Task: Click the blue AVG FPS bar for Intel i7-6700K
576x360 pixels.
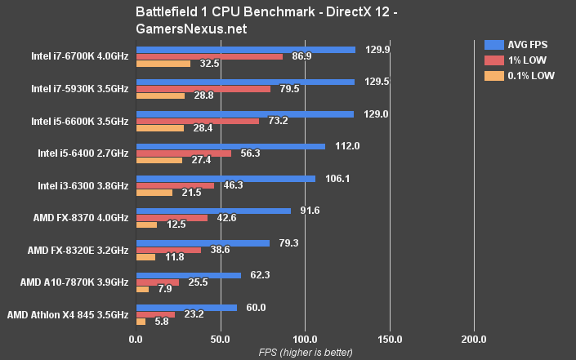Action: [x=245, y=49]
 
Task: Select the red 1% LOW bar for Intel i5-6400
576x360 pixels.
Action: [x=183, y=153]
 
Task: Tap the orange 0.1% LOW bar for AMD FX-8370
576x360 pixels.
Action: [x=146, y=224]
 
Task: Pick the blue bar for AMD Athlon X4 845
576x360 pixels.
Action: [x=186, y=307]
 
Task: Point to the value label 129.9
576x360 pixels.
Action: [x=372, y=49]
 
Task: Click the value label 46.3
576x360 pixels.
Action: [x=230, y=185]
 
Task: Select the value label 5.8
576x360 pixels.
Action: [x=162, y=321]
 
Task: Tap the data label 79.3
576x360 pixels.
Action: [x=286, y=242]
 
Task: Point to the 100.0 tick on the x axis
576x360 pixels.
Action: [x=305, y=339]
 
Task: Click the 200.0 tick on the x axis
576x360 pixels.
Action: [x=473, y=339]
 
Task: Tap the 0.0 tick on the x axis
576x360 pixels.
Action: [x=136, y=339]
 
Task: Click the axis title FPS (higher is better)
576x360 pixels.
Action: [x=305, y=353]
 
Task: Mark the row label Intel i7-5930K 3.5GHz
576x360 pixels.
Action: [x=79, y=88]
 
